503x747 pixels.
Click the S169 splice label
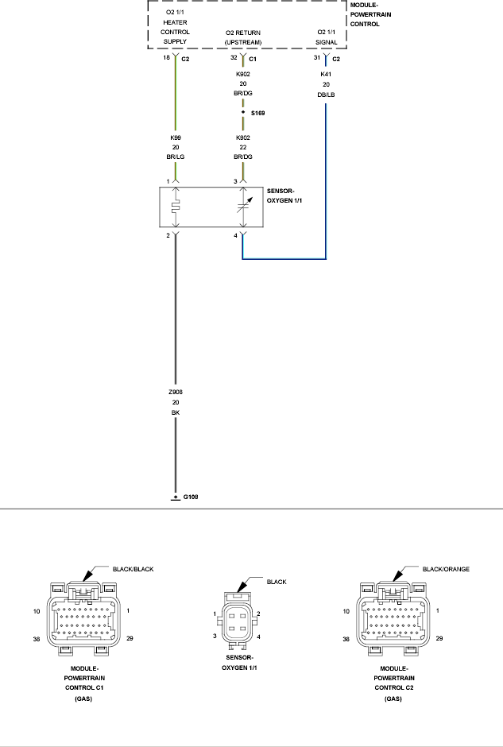tap(257, 113)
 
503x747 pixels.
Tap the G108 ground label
tap(191, 497)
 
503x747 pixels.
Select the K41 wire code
tap(326, 75)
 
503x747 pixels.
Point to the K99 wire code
tap(176, 137)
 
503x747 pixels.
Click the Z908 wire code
tap(176, 392)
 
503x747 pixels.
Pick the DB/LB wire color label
tap(326, 95)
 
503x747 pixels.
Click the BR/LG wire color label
tap(176, 157)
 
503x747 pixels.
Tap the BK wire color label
tap(176, 412)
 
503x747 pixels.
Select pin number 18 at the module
tap(166, 58)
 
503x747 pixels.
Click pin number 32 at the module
tap(234, 58)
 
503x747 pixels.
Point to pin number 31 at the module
tap(317, 58)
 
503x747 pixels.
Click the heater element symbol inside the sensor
tap(176, 207)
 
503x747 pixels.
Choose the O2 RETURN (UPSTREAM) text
tap(243, 37)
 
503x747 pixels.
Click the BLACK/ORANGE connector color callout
tap(446, 569)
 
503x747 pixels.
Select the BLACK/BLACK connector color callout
tap(133, 569)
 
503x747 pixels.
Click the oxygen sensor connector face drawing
tap(237, 621)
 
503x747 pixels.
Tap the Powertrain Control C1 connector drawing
tap(83, 618)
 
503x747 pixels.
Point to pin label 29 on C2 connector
tap(439, 638)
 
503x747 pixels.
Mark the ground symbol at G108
tap(176, 497)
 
